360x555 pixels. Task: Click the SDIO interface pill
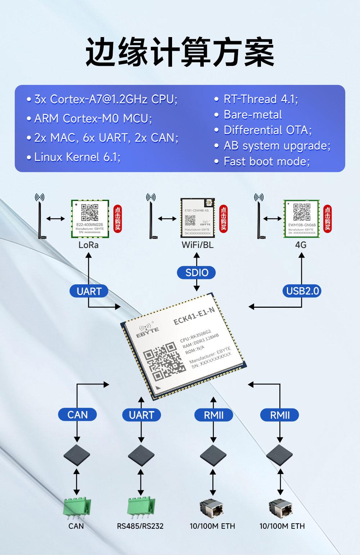point(196,272)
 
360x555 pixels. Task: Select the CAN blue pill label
point(77,415)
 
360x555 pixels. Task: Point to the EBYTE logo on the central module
point(147,330)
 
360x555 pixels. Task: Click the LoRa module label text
point(89,245)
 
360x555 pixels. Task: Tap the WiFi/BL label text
point(197,245)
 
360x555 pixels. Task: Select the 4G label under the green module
point(301,245)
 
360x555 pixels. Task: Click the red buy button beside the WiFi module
point(223,218)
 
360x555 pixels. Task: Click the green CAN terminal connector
point(76,507)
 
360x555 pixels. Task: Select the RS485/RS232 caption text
point(140,526)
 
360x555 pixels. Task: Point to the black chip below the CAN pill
point(77,455)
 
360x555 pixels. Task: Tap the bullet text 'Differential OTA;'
point(267,130)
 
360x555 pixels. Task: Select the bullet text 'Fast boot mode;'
point(266,161)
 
